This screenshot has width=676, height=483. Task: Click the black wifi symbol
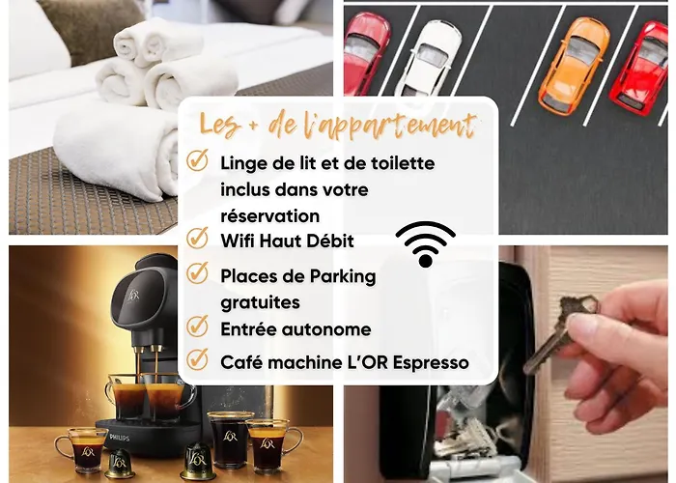426,244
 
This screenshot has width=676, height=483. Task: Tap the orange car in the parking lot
574,66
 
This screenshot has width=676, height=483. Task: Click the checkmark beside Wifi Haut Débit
197,238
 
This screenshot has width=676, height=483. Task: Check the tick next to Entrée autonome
197,327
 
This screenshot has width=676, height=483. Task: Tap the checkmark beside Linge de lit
197,160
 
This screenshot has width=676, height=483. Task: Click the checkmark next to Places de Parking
197,273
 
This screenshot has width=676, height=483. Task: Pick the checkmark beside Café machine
197,358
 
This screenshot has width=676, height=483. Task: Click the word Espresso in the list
431,363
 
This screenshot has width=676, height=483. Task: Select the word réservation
269,216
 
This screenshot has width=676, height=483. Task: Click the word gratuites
260,302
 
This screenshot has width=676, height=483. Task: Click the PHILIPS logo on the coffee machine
120,438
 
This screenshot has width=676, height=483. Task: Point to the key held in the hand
560,331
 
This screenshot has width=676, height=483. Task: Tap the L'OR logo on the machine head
133,295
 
